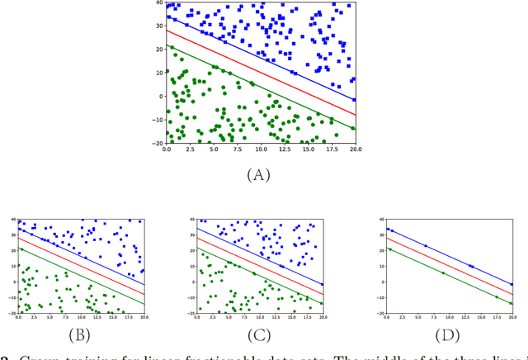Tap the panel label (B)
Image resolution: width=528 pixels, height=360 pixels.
tap(80, 336)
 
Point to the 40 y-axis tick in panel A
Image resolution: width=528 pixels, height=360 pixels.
tap(158, 3)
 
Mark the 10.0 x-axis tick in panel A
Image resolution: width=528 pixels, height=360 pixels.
tap(261, 149)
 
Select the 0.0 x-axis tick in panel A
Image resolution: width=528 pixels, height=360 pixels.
tap(167, 149)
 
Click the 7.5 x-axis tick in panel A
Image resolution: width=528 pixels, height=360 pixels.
tap(237, 149)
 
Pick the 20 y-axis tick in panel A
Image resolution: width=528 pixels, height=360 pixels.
tap(158, 50)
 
